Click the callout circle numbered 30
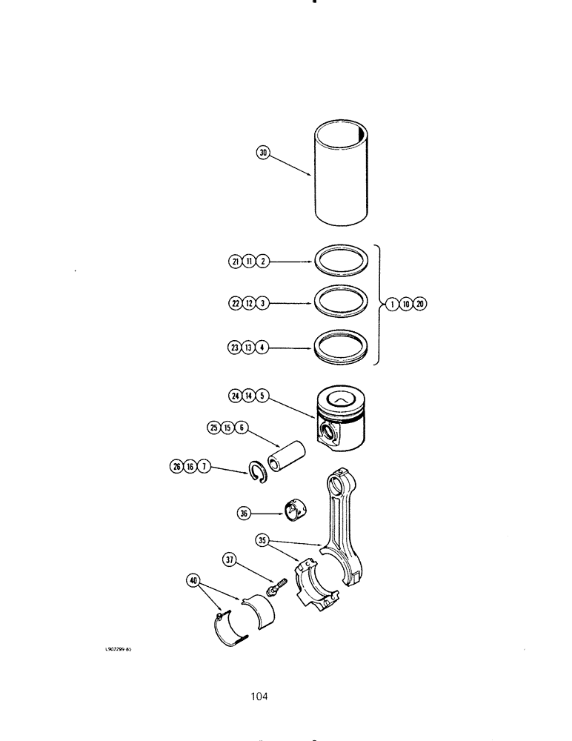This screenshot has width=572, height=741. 262,153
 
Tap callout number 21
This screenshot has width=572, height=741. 235,262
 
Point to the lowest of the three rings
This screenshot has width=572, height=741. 339,347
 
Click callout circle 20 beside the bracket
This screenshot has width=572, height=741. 421,304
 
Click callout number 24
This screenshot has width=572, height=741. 236,396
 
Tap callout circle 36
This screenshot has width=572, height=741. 244,511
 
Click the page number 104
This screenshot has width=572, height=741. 259,696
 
